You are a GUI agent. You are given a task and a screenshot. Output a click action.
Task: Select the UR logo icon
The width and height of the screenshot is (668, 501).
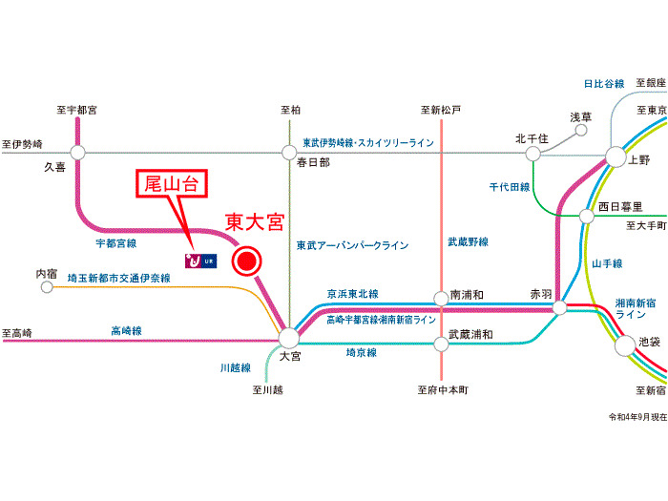(201, 260)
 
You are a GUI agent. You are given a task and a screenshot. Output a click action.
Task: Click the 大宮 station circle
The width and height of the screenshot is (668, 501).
(289, 337)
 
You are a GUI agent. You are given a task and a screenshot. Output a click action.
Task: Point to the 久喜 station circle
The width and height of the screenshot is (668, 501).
(77, 151)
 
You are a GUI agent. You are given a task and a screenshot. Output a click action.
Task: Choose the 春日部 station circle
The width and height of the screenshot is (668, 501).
(290, 151)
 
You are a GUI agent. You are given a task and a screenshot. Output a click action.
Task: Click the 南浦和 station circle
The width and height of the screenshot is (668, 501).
(441, 297)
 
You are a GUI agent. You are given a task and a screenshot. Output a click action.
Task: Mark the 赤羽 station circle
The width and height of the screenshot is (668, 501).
(559, 307)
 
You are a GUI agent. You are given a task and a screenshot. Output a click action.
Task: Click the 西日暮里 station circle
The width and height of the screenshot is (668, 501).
(587, 216)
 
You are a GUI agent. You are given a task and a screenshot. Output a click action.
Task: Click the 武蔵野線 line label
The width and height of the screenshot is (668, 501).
(468, 243)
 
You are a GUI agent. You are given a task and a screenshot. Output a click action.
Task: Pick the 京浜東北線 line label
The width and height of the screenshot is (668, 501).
(352, 294)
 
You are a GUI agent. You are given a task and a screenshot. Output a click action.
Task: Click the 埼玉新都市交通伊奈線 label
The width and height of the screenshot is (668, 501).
(118, 279)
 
